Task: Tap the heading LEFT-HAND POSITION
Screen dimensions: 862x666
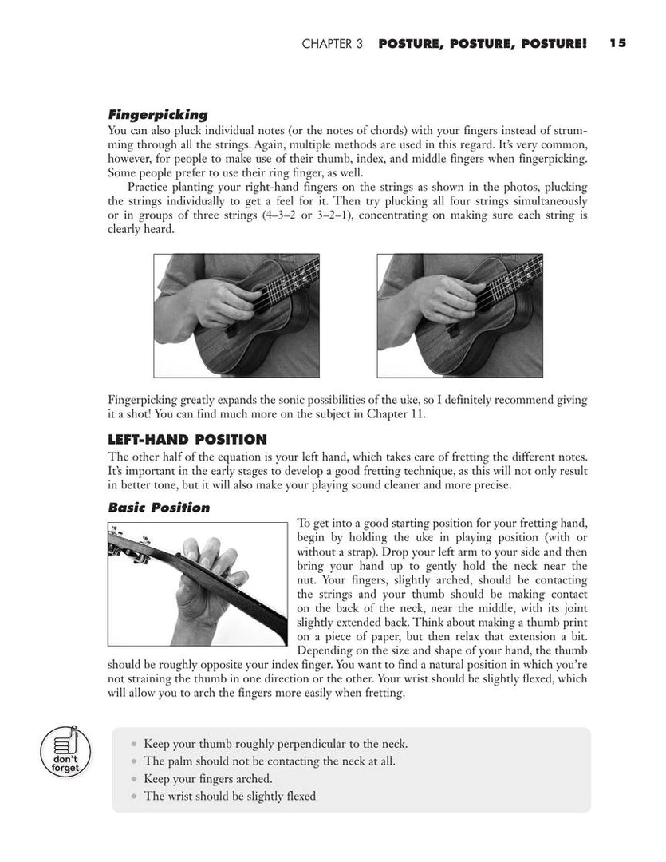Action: tap(187, 439)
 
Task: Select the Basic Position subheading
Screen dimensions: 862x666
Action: tap(159, 508)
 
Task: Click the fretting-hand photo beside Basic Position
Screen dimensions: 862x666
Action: tap(197, 583)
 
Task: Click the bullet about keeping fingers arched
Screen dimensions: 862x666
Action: tap(208, 778)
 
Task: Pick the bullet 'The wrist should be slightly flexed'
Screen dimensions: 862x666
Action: tap(230, 796)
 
